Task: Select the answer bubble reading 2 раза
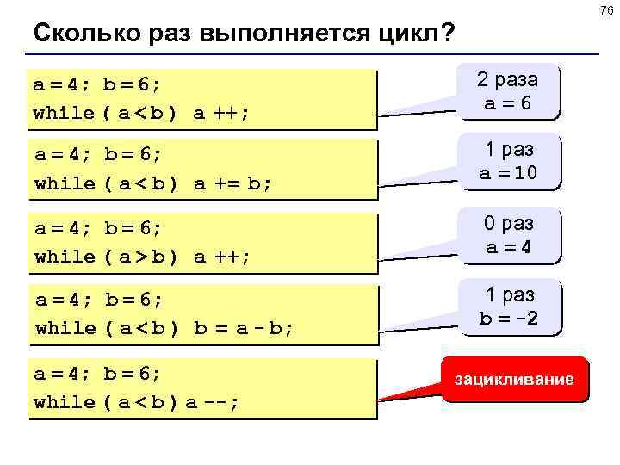(x=508, y=80)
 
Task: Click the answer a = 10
(x=508, y=173)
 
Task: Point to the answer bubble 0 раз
(x=508, y=224)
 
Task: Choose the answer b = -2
(x=508, y=318)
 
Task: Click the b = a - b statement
(x=245, y=328)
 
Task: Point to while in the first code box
(x=65, y=113)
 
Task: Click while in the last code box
(x=65, y=401)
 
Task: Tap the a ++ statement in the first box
(x=222, y=113)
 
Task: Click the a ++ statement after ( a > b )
(x=222, y=257)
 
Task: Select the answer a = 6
(x=508, y=102)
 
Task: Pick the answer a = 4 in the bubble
(x=508, y=246)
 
